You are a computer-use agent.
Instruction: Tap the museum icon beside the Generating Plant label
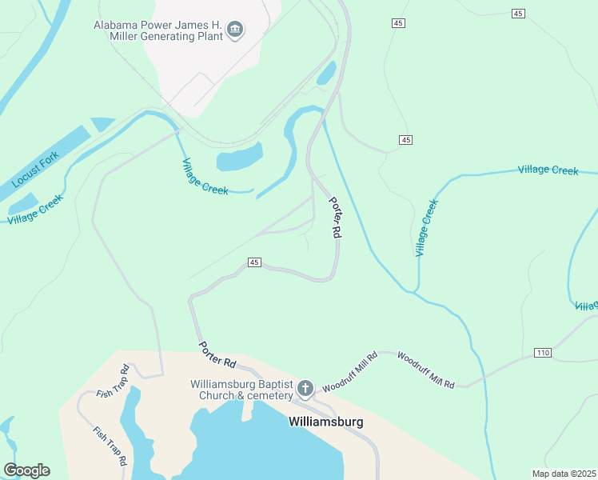coord(236,31)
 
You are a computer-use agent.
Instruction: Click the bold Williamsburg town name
coord(325,422)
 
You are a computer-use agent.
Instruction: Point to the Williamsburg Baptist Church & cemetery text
coord(240,389)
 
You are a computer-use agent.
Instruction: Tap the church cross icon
coord(305,390)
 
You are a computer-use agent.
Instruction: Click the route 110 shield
coord(542,353)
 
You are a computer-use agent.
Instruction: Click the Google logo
coord(26,470)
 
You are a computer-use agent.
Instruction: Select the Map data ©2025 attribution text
coord(564,474)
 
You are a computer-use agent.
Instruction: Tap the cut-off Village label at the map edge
coord(587,306)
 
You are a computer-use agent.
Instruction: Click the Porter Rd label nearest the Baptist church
coord(217,354)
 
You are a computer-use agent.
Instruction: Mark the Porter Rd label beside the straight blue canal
coord(336,217)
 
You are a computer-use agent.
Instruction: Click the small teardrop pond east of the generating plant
coord(326,74)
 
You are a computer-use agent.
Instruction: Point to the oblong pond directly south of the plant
coord(239,158)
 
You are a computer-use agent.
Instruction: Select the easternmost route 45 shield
coord(519,14)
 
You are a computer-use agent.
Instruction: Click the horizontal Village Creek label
coord(548,170)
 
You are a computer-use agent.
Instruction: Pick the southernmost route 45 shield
coord(254,262)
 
